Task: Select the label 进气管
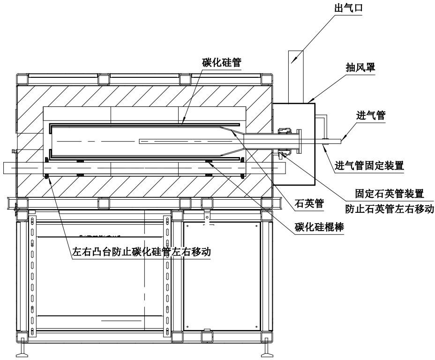click(x=371, y=115)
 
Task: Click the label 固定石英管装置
click(x=390, y=193)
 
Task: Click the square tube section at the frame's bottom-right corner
click(x=266, y=336)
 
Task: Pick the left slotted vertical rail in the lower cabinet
click(x=33, y=277)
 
